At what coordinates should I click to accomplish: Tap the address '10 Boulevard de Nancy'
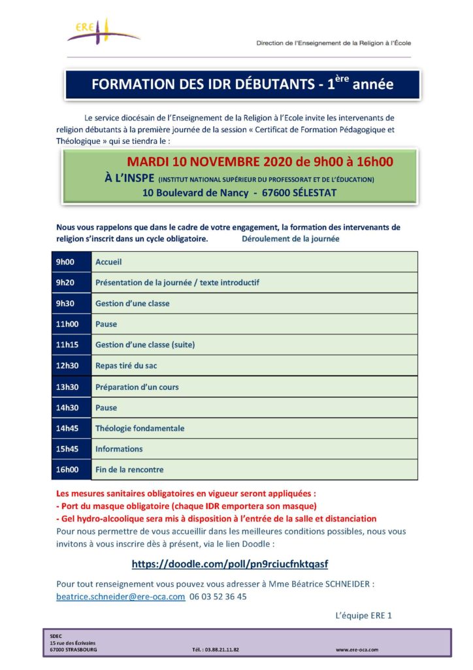click(195, 192)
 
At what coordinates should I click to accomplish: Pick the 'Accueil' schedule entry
click(108, 262)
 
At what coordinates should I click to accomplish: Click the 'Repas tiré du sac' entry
click(127, 366)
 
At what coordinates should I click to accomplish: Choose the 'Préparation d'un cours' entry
click(137, 387)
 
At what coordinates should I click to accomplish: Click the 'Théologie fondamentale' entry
click(140, 428)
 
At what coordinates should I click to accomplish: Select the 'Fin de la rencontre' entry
click(129, 470)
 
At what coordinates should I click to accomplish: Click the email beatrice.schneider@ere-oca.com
click(121, 597)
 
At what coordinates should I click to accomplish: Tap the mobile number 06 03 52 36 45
click(218, 597)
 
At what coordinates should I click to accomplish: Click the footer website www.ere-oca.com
click(357, 650)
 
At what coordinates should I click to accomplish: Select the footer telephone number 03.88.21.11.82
click(216, 650)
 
